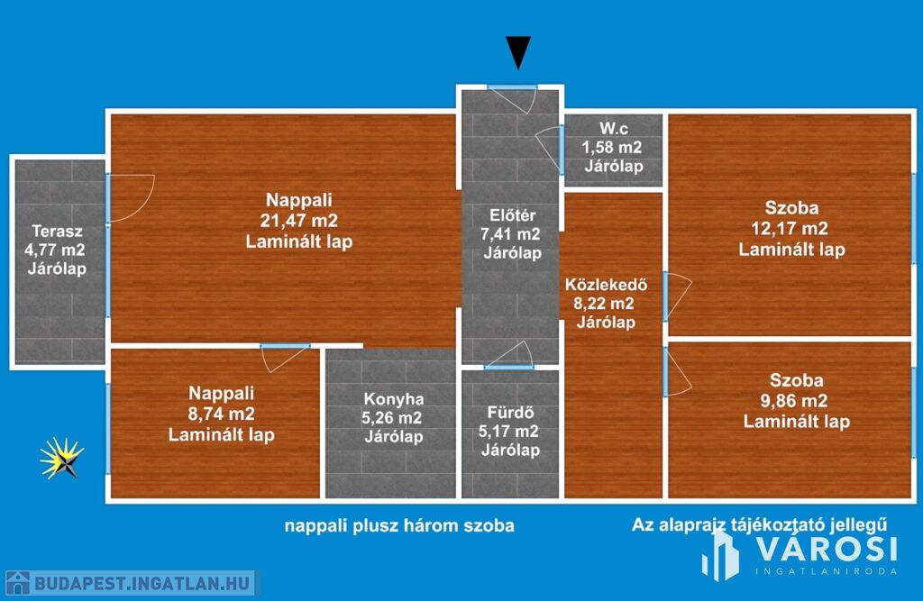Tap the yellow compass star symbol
pyautogui.click(x=62, y=458)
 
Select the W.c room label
pyautogui.click(x=613, y=128)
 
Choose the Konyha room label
pyautogui.click(x=394, y=398)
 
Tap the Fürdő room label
pyautogui.click(x=510, y=411)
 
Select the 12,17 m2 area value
pyautogui.click(x=790, y=229)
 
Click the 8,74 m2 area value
pyautogui.click(x=222, y=414)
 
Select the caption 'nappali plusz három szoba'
pyautogui.click(x=400, y=525)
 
